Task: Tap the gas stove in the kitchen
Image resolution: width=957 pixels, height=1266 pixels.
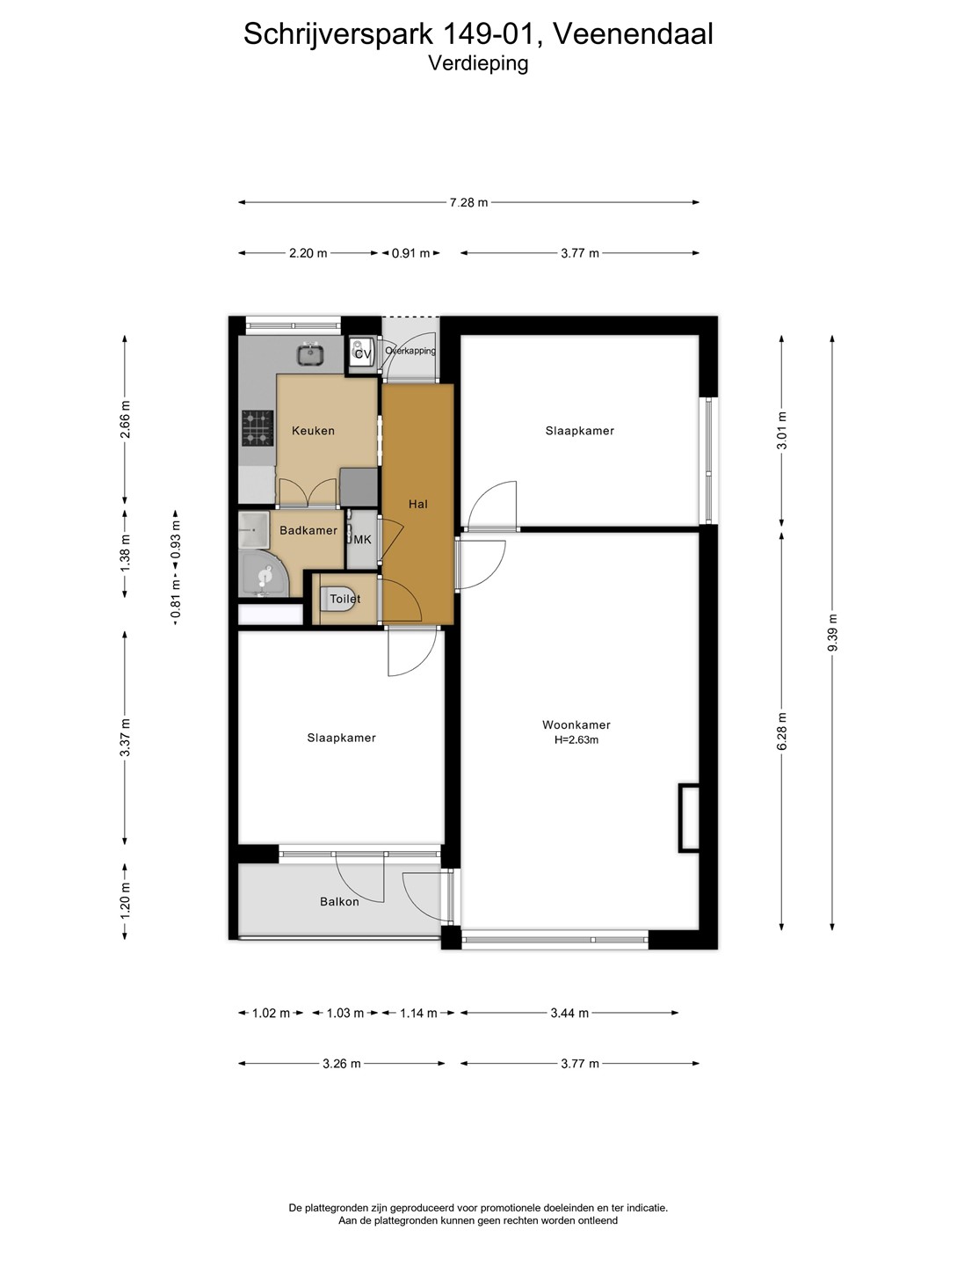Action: point(257,428)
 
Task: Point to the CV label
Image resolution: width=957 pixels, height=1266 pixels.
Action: point(362,353)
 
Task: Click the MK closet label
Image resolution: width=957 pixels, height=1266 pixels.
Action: point(362,540)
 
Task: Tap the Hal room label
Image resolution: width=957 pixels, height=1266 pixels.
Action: point(418,504)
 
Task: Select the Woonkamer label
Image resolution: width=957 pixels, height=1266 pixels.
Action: point(576,725)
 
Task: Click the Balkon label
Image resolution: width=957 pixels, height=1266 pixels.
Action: point(339,901)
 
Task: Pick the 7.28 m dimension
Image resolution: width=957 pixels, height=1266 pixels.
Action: point(468,202)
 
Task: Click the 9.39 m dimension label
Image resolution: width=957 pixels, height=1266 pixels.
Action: point(832,633)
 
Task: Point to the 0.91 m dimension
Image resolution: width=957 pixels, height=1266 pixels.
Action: point(411,253)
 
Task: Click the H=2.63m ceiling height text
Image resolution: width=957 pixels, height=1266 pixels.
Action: point(576,740)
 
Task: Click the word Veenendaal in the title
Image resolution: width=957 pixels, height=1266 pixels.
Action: point(633,33)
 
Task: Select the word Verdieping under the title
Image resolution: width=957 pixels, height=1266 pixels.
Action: point(478,63)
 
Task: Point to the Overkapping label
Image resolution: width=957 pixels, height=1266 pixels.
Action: point(410,351)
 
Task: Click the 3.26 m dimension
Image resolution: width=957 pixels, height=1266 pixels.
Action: point(342,1064)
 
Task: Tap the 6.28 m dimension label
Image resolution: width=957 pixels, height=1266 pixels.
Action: point(782,731)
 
